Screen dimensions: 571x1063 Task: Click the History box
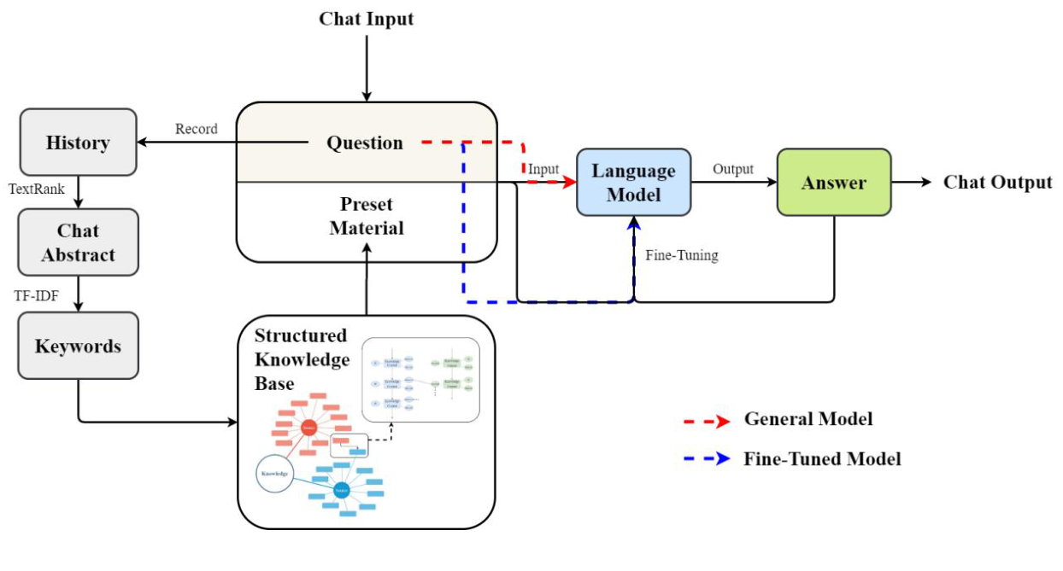click(x=78, y=143)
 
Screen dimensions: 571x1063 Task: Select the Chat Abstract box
click(x=78, y=242)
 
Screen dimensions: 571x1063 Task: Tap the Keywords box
click(x=78, y=346)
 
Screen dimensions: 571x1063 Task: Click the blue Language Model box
click(x=633, y=183)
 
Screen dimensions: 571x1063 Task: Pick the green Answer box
click(x=833, y=183)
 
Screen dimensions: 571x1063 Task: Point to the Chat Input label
click(x=366, y=19)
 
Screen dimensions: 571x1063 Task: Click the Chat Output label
click(x=997, y=183)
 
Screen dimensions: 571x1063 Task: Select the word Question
click(x=365, y=143)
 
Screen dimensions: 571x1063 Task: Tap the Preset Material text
click(x=367, y=217)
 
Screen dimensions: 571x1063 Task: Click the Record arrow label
click(x=197, y=129)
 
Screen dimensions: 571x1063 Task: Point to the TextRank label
click(x=37, y=189)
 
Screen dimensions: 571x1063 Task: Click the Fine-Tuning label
click(x=681, y=255)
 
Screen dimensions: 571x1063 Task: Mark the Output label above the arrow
click(x=733, y=169)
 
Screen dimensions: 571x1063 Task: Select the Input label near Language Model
click(x=543, y=169)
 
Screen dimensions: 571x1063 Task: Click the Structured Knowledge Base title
click(x=302, y=359)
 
